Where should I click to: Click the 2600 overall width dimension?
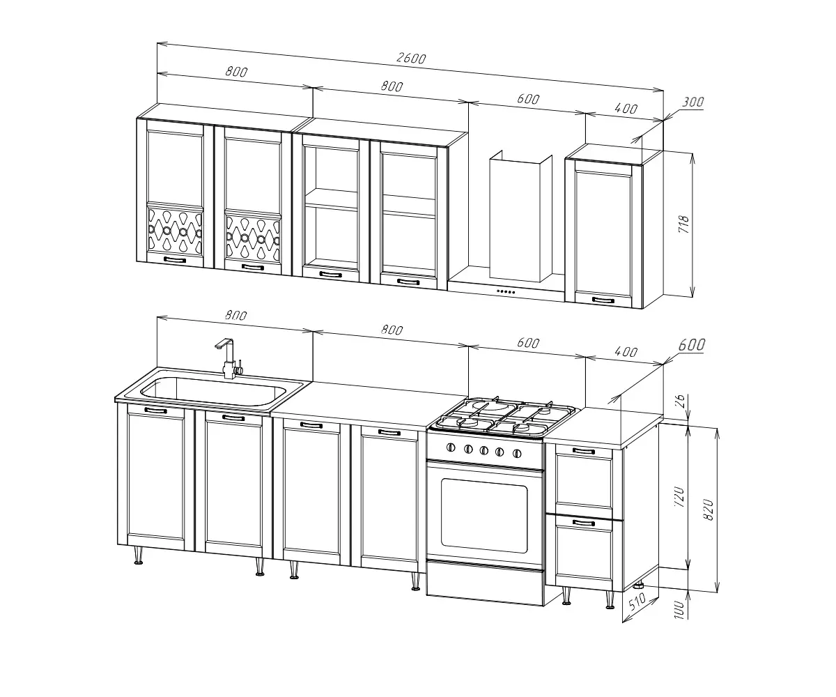pos(411,59)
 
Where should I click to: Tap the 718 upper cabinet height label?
pos(684,224)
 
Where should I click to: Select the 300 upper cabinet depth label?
pos(692,102)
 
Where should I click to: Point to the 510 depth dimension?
pos(637,602)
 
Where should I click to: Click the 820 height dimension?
pos(709,510)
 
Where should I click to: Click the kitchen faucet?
pos(229,358)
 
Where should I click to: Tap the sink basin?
pos(213,391)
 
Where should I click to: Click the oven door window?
pos(484,516)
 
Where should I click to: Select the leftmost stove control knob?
pos(451,447)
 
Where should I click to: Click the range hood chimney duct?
pos(520,216)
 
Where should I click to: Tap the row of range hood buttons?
pos(506,291)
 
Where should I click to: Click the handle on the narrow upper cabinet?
pos(603,300)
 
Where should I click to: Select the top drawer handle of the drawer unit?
pos(584,452)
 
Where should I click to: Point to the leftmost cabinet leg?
pos(139,556)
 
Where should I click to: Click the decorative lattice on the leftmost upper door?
pos(175,231)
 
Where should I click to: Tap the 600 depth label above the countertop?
pos(692,345)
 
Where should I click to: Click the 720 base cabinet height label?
pos(680,497)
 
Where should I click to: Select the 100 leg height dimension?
pos(679,610)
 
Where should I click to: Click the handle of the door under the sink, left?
pos(155,411)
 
